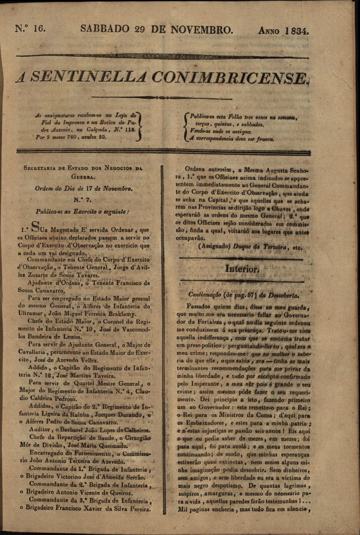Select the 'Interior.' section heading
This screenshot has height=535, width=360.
tap(242, 269)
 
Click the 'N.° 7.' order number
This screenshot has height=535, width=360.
tap(83, 199)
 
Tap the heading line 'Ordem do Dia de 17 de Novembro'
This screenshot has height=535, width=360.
tap(84, 189)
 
